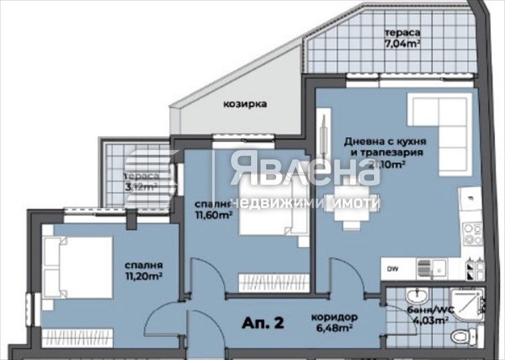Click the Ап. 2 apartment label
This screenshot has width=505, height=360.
pos(261,322)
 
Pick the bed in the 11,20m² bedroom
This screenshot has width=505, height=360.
pos(78,267)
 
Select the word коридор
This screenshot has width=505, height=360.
pos(334,317)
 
